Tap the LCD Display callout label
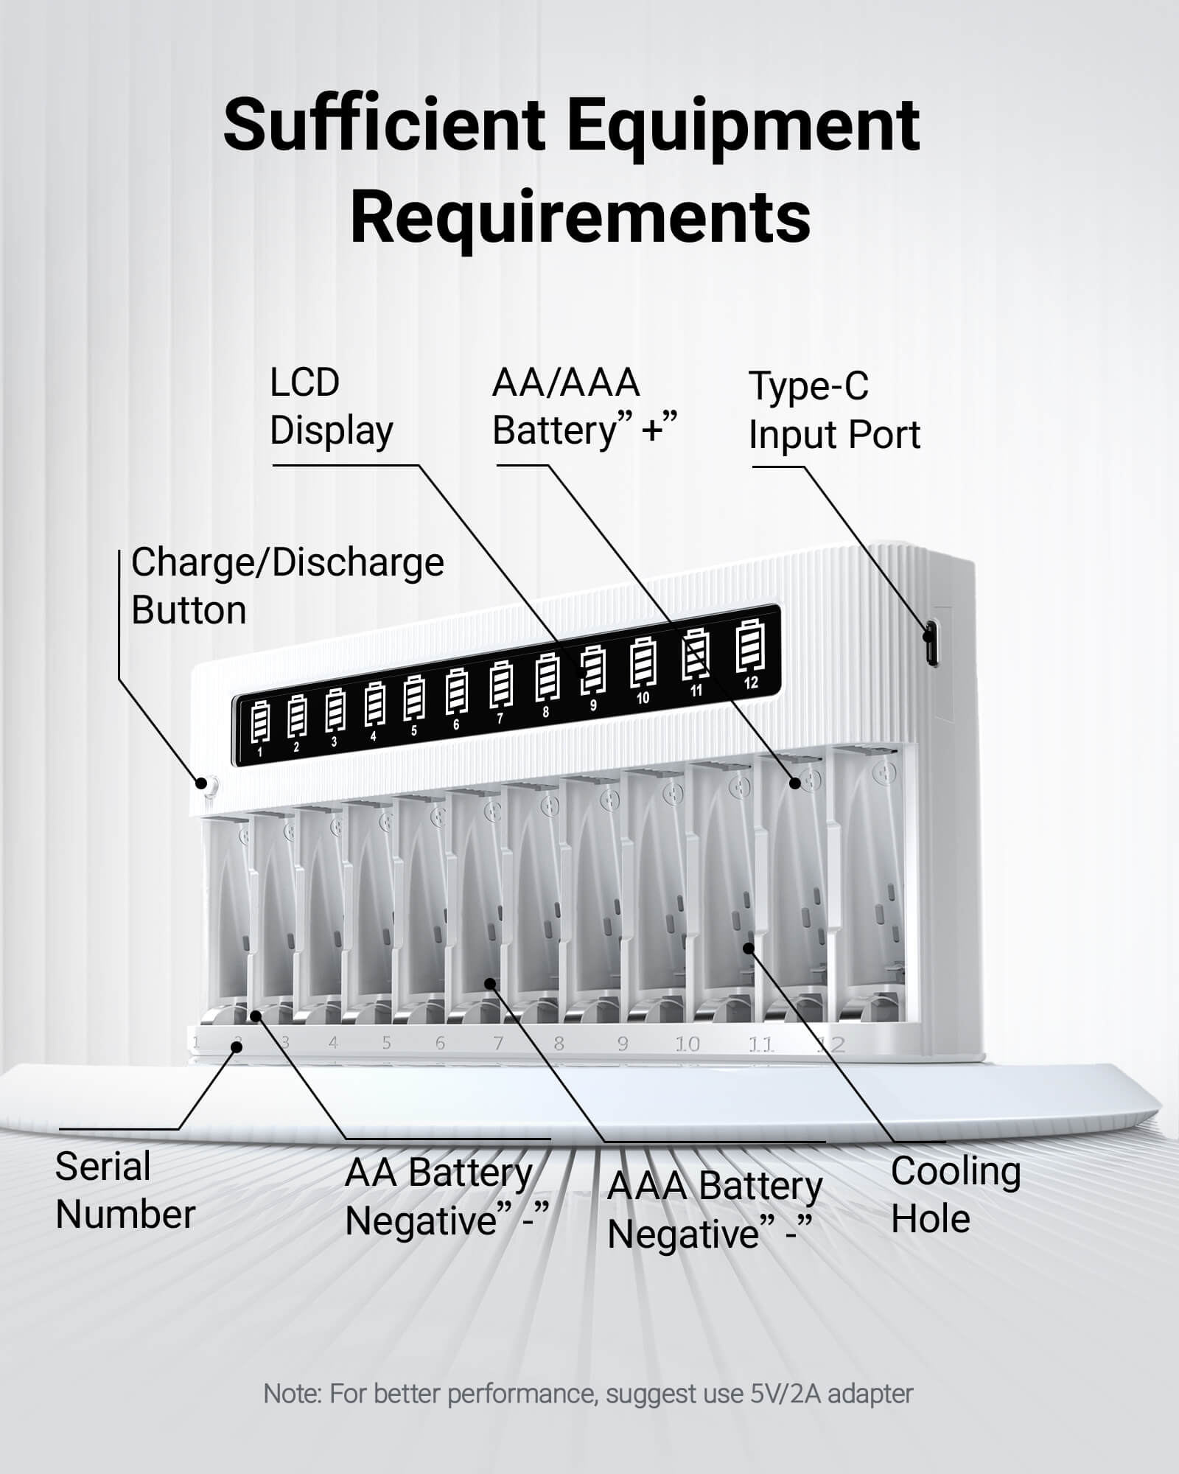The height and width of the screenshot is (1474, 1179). pos(331,406)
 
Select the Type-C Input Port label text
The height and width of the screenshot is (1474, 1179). pos(833,410)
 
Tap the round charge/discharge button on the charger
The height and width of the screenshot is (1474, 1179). pos(207,784)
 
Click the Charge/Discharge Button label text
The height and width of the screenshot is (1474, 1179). pos(287,586)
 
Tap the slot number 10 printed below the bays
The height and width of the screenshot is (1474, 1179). pos(687,1044)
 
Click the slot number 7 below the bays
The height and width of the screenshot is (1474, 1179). pos(498,1043)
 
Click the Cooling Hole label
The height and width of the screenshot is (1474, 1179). pos(955,1195)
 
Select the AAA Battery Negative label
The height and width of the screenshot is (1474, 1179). pos(713,1209)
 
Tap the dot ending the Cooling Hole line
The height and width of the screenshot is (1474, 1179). pos(749,948)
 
